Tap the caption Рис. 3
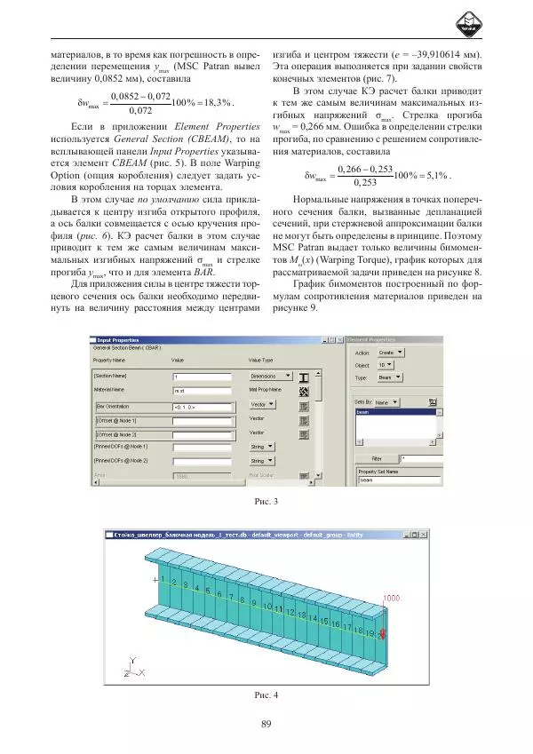266,504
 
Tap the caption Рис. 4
266,694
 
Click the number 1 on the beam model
163,579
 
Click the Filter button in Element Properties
376,459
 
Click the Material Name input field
203,390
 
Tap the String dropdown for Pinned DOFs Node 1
262,447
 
